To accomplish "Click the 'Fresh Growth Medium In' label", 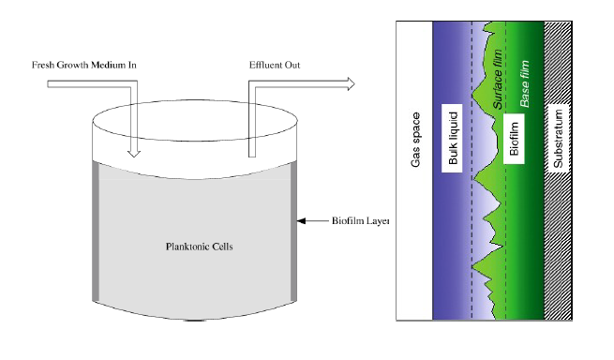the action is pos(83,65).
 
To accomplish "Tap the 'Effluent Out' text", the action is pos(275,65).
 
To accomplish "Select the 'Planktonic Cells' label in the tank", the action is pos(200,247).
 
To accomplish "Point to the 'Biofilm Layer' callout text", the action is pos(360,221).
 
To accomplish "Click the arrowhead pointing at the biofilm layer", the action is pos(301,221).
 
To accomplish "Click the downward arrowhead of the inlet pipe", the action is pos(134,153).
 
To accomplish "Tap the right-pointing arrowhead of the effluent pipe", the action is pos(351,83).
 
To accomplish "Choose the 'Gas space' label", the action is pos(415,140).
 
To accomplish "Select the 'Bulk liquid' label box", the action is pos(452,138).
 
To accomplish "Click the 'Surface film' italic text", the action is pos(498,79).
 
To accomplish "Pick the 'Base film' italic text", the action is pos(524,83).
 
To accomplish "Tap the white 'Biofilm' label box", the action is pos(514,138).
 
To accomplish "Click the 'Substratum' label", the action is pos(558,138).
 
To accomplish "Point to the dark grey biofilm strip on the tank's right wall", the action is pos(293,232).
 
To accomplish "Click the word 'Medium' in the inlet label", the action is pos(108,65).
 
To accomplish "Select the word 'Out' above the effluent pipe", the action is pos(292,65).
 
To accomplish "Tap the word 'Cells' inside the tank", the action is pos(222,247).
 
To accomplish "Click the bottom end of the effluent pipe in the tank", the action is pos(252,157).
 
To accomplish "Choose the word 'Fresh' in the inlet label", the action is pos(43,65).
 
